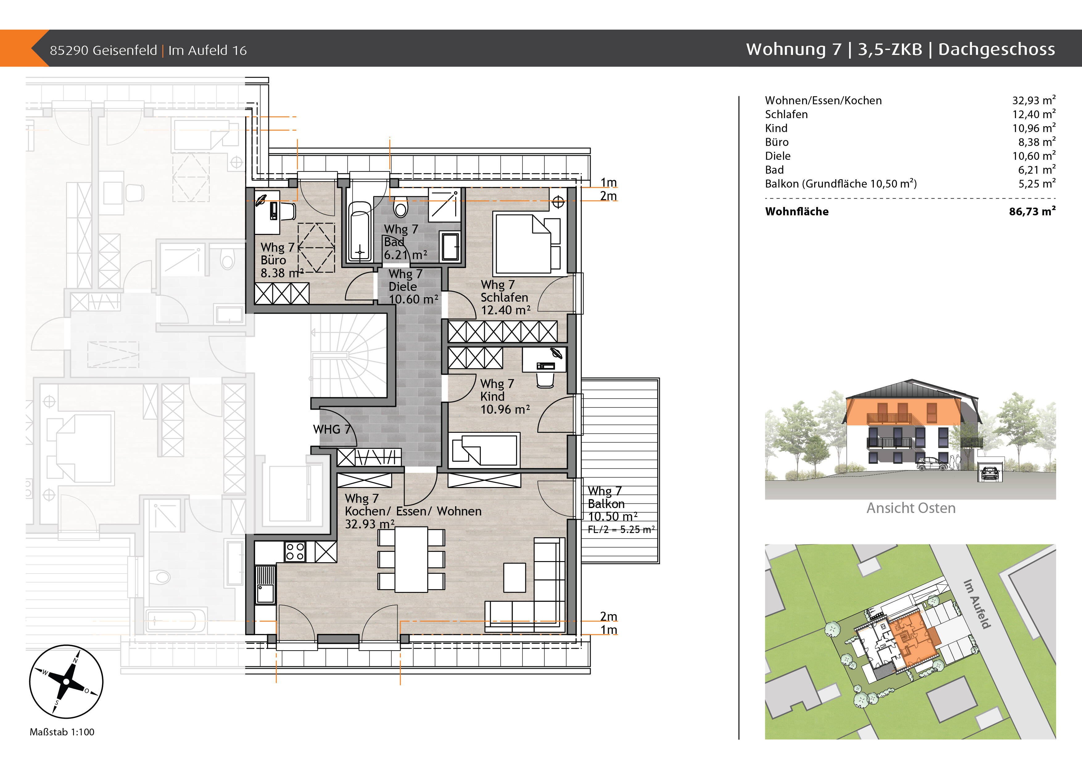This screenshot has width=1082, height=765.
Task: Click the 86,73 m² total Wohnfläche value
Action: coord(1032,212)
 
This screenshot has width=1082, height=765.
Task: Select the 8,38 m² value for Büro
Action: coord(1036,142)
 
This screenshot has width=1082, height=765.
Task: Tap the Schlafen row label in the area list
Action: coord(786,114)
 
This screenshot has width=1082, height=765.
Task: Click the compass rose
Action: coord(66,682)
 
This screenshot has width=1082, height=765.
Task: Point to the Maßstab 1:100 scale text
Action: coord(62,732)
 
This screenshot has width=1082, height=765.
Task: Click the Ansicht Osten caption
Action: coord(911,508)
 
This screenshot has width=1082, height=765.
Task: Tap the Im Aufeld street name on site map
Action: coord(977,604)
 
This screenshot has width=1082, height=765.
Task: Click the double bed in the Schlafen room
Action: coord(523,244)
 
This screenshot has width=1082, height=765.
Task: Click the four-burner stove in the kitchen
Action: coord(295,552)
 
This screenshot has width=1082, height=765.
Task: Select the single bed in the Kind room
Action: coord(484,450)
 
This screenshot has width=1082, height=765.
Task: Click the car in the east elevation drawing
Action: coord(932,464)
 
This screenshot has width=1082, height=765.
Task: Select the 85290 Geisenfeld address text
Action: coord(103,50)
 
